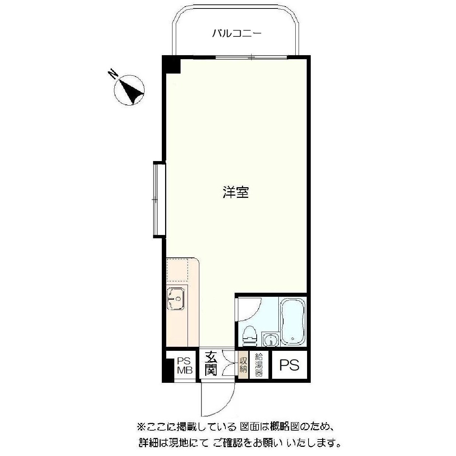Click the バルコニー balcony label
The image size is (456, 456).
pos(236,34)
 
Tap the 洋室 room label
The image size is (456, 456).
pos(235,192)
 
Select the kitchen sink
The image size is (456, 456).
pos(176,298)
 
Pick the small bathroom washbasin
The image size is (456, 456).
pos(270,339)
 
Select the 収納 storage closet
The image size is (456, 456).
pos(243,365)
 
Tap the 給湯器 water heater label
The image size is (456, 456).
pos(259,365)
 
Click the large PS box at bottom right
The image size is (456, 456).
pos(289,365)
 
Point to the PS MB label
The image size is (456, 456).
pos(185,366)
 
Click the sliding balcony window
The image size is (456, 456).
pos(251,57)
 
